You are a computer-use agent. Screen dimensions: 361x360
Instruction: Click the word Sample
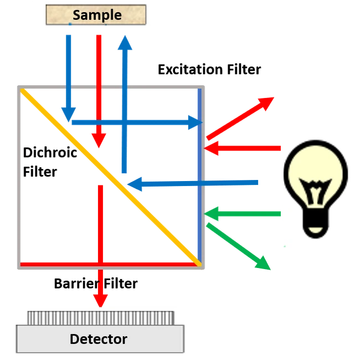pyautogui.click(x=97, y=14)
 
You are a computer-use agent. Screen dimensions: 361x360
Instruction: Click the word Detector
pyautogui.click(x=99, y=339)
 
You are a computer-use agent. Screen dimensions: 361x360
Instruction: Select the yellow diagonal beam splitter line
pyautogui.click(x=111, y=176)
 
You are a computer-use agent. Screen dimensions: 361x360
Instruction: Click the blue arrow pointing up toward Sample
pyautogui.click(x=125, y=100)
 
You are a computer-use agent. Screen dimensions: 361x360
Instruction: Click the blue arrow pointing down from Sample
pyautogui.click(x=69, y=78)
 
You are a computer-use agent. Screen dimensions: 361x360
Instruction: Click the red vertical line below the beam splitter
pyautogui.click(x=101, y=221)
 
